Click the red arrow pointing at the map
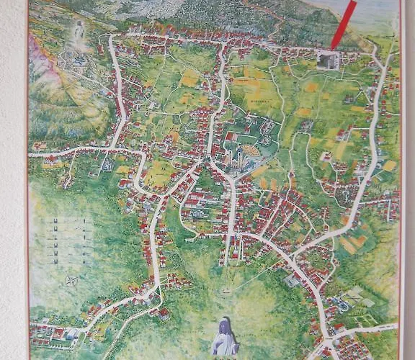click(x=343, y=24)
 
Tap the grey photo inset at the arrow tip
click(x=329, y=60)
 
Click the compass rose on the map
click(x=71, y=280)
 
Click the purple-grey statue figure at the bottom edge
click(x=225, y=337)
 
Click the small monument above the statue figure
click(x=225, y=291)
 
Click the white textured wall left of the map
click(x=12, y=180)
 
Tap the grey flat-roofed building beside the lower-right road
click(x=292, y=280)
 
